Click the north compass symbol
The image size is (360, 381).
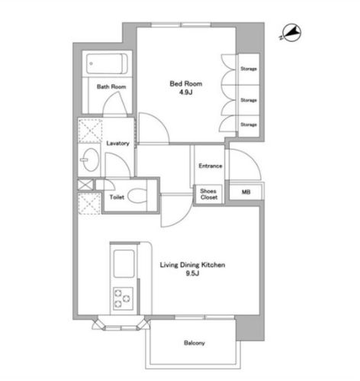[291, 33]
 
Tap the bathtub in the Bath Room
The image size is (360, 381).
[107, 64]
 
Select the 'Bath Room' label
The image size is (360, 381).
[111, 87]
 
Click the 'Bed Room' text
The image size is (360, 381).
[186, 83]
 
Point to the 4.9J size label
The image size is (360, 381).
[185, 92]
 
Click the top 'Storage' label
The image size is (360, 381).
[249, 69]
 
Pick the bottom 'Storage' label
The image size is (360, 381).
[249, 124]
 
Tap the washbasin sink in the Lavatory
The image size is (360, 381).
[90, 160]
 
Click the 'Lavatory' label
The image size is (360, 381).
[117, 144]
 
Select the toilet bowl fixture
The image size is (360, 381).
[137, 196]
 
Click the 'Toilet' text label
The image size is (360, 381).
[117, 197]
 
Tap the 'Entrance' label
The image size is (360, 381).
[210, 166]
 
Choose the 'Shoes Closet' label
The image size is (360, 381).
[208, 194]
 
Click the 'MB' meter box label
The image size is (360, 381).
[246, 192]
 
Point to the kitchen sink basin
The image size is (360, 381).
[124, 263]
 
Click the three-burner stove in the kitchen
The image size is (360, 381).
[123, 299]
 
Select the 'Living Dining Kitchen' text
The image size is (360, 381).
[192, 265]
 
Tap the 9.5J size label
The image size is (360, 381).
[192, 273]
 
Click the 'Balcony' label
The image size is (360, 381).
[194, 343]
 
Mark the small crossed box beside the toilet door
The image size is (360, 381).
[85, 185]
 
